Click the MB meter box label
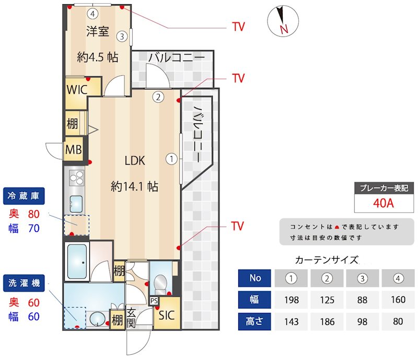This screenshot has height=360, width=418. tap(73, 150)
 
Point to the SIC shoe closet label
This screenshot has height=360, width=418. tap(167, 315)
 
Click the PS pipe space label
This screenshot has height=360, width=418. tap(154, 301)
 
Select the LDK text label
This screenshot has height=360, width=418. tap(134, 161)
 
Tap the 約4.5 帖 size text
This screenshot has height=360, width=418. tap(97, 58)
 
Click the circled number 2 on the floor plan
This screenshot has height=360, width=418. tap(158, 96)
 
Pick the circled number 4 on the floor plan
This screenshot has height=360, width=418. tap(92, 13)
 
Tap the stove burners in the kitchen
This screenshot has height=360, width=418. tap(76, 178)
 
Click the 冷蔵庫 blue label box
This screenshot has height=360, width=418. tap(24, 196)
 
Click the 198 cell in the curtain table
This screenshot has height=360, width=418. tap(292, 300)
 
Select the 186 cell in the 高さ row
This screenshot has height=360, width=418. tap(327, 321)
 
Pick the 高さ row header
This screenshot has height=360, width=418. tap(255, 321)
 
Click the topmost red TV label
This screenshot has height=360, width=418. tap(238, 27)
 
